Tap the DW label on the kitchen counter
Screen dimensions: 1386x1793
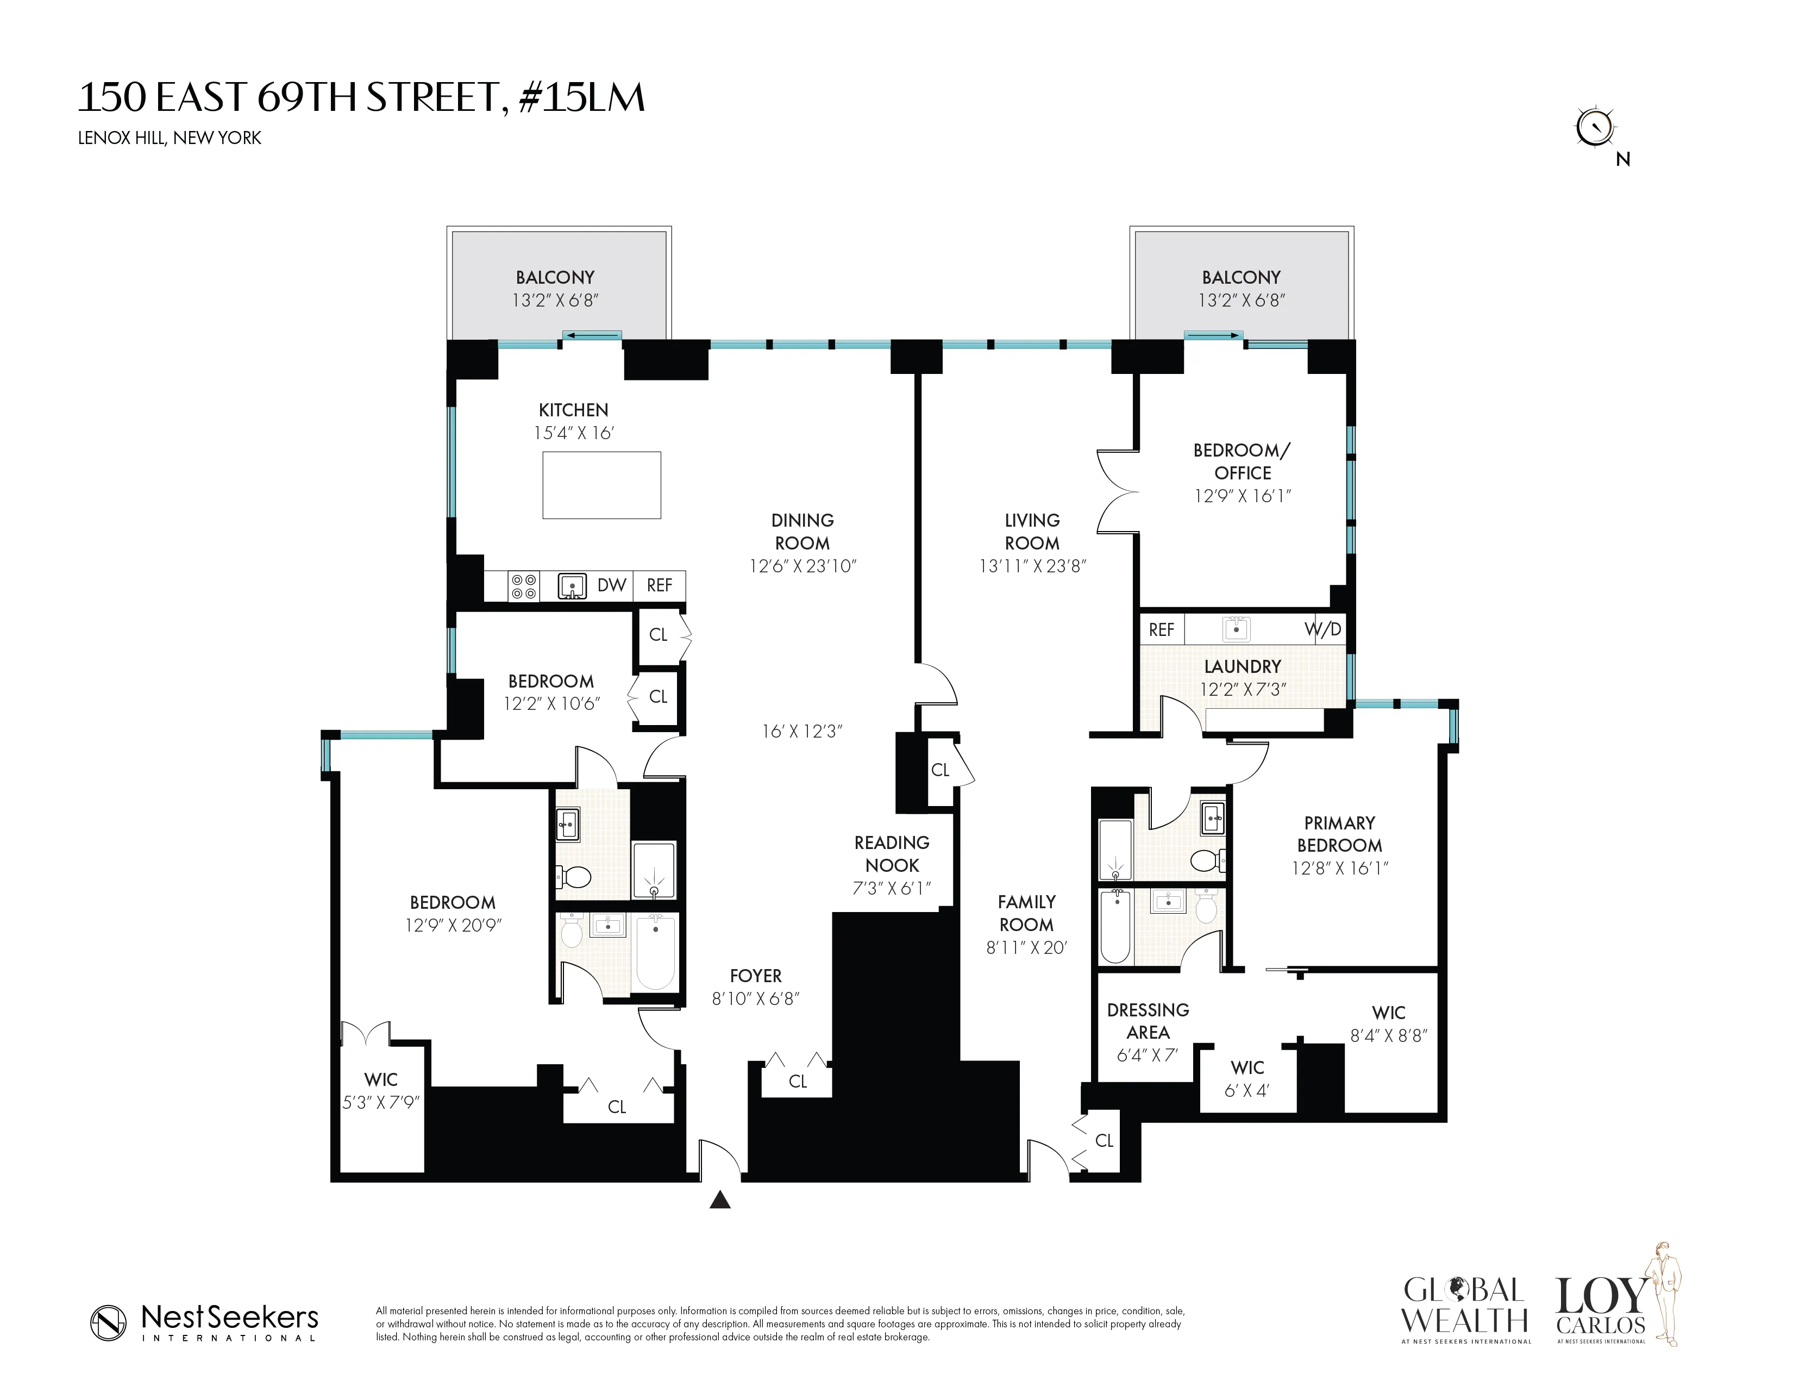pos(612,585)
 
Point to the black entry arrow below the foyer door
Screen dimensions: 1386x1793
pos(720,1201)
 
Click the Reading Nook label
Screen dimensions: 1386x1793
pos(892,854)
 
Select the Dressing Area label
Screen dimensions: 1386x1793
pos(1148,1021)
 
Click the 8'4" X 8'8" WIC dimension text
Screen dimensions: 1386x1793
pos(1389,1036)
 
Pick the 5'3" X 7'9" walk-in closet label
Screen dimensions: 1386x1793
pos(381,1102)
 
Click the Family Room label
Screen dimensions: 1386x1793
pos(1026,913)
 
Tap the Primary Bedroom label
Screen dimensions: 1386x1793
pos(1339,834)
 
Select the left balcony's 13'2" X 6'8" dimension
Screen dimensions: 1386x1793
pos(555,301)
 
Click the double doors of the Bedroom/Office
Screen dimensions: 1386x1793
pos(1118,492)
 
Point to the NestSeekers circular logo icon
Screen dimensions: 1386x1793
pos(108,1323)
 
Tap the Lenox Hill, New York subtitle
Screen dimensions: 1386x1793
pos(169,138)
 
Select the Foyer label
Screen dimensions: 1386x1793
pos(755,976)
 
